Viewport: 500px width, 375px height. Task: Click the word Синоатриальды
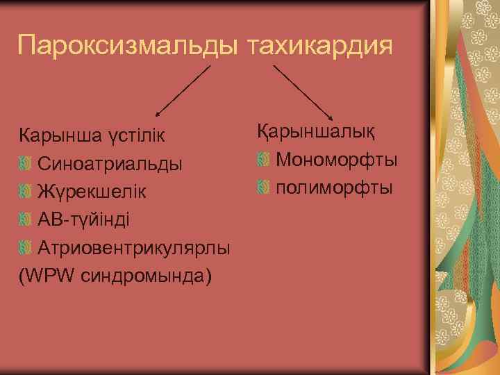[x=110, y=165]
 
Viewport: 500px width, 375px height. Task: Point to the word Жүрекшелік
[x=92, y=192]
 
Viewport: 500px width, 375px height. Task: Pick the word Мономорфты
[x=337, y=160]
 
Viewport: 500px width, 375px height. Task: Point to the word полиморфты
[x=334, y=187]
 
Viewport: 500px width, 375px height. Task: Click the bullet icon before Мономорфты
[x=262, y=160]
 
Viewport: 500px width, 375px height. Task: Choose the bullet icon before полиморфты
[x=262, y=187]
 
